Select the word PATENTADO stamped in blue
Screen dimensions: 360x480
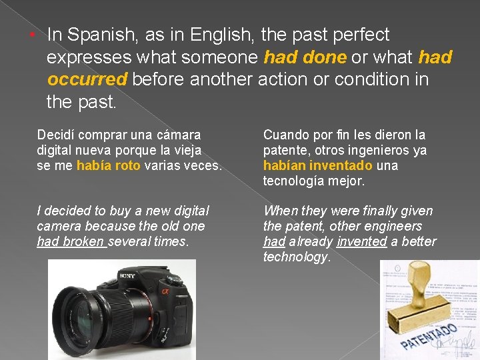tap(429, 336)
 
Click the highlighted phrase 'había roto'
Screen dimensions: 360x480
tap(108, 165)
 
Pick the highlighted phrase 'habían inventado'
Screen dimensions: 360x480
tap(318, 165)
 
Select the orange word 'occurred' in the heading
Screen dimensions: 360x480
tap(87, 79)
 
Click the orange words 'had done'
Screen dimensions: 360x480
tap(305, 57)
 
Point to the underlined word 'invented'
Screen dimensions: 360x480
tap(361, 241)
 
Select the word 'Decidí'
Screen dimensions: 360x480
tap(56, 135)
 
